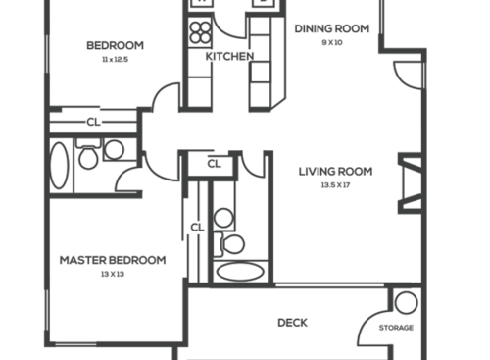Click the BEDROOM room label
tap(115, 45)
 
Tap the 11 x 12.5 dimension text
tap(115, 60)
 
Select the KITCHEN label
tap(229, 56)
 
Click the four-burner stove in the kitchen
tap(200, 32)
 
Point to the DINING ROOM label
tap(332, 28)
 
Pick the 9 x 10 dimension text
tap(332, 42)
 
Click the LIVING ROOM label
tap(334, 171)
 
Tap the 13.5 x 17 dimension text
tap(334, 185)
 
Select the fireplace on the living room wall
tap(409, 184)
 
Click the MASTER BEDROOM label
tap(112, 260)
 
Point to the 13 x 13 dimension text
tap(112, 275)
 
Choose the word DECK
tap(293, 322)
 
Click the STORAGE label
tap(396, 328)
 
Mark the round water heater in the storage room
tap(407, 302)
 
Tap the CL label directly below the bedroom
tap(93, 123)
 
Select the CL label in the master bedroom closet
tap(197, 228)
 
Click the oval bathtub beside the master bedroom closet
tap(240, 271)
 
